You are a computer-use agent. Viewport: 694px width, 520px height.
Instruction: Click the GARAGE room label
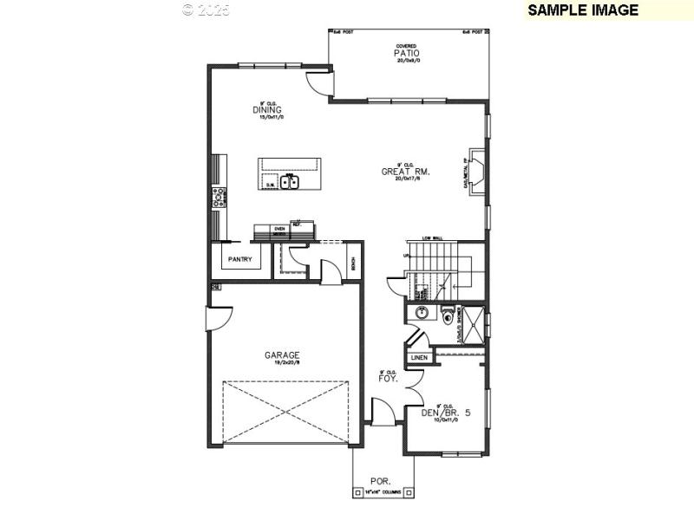coord(283,354)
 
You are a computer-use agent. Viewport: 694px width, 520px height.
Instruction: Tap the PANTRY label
coord(239,259)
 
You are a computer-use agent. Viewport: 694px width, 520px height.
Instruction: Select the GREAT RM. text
coord(405,172)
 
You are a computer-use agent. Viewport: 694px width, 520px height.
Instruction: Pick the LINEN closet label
coord(420,358)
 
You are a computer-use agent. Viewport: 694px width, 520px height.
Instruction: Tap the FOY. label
coord(387,379)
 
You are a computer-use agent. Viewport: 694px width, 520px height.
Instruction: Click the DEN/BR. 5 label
coord(445,413)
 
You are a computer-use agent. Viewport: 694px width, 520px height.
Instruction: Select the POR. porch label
coord(381,480)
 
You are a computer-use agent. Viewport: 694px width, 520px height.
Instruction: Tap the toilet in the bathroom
coord(447,315)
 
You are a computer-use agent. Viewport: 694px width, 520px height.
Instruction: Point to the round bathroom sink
coord(421,314)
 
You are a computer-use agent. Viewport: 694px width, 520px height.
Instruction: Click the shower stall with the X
coord(473,325)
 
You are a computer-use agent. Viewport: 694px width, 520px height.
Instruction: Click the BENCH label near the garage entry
coord(354,264)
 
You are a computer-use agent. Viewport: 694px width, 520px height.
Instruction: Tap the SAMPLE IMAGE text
coord(583,10)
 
